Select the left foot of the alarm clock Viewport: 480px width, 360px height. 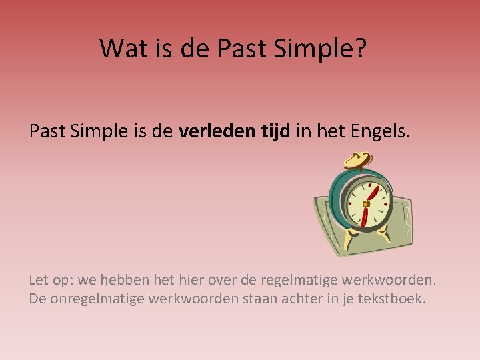[x=350, y=235]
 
